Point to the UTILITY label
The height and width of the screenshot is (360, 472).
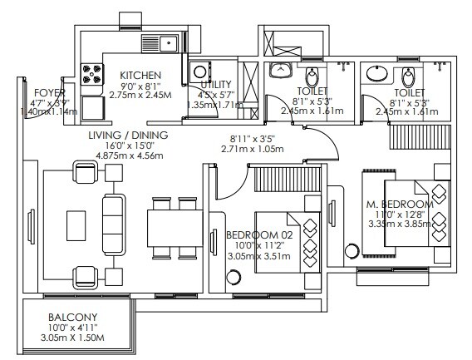click(217, 85)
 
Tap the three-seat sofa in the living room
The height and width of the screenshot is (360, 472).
click(111, 224)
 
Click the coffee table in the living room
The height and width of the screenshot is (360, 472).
click(76, 224)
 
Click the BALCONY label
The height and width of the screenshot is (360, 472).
click(72, 317)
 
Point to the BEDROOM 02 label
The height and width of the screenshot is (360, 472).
click(258, 235)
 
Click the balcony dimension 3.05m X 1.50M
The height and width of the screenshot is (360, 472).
click(72, 340)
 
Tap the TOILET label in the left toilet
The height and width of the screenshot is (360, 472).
click(312, 91)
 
